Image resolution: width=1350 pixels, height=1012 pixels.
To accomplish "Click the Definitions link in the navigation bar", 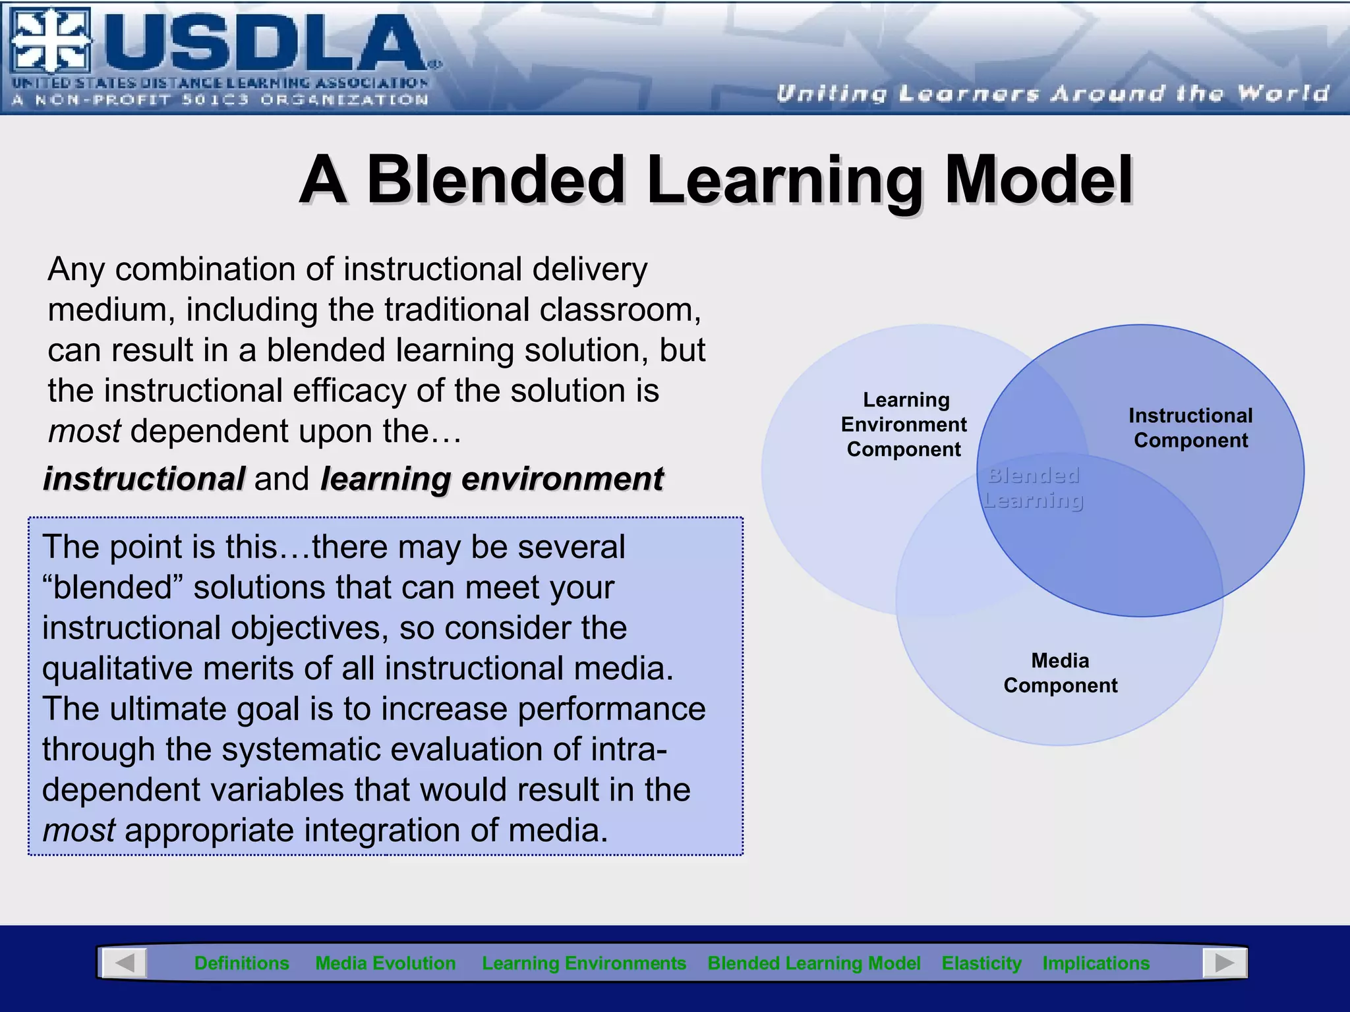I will (241, 963).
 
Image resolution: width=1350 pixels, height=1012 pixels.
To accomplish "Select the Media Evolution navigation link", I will (386, 963).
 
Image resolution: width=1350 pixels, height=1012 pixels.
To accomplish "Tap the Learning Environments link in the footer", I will (584, 963).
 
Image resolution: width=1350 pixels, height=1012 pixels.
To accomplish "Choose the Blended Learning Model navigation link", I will (813, 963).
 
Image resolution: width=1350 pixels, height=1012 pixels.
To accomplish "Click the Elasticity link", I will (982, 963).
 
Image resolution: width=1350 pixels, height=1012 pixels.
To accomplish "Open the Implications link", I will (1096, 963).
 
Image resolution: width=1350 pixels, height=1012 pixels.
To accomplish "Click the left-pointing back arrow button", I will (124, 963).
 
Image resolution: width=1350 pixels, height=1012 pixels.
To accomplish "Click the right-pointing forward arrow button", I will (1224, 963).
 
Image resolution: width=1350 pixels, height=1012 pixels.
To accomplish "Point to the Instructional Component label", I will (1190, 428).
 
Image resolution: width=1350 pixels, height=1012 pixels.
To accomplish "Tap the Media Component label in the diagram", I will (1060, 673).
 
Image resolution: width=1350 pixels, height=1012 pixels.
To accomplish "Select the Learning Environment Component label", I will (904, 424).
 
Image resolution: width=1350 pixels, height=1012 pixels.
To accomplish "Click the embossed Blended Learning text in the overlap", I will (1033, 488).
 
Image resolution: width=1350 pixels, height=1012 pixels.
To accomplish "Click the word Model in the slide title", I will (1039, 179).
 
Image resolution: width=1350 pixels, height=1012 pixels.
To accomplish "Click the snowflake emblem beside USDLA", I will (51, 41).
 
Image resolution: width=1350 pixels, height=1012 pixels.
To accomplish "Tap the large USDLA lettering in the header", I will (264, 43).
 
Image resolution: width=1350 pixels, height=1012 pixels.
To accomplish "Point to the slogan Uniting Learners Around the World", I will (1052, 94).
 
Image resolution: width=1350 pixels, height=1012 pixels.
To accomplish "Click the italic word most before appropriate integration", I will (79, 830).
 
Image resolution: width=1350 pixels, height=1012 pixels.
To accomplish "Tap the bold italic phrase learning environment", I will (492, 479).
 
